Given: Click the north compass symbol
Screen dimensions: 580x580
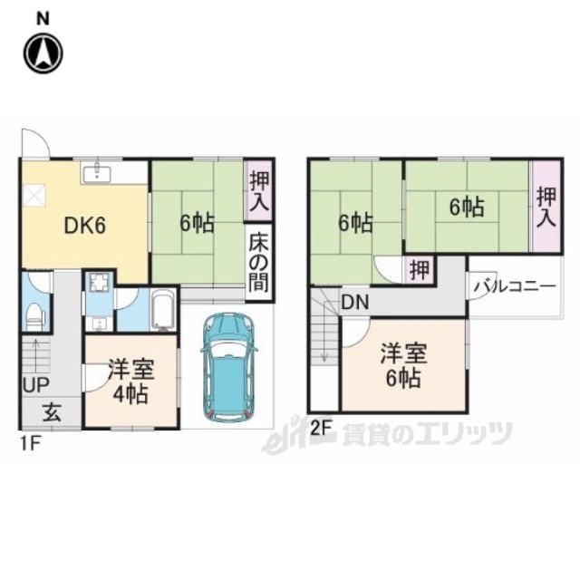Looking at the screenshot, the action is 43,53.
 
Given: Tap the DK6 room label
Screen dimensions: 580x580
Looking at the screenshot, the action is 85,225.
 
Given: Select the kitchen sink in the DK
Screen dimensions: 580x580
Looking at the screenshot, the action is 97,173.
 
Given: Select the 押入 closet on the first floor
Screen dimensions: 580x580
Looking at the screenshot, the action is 258,190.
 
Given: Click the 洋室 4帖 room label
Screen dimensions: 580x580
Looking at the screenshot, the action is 130,382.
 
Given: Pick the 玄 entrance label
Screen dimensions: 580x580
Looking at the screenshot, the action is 52,412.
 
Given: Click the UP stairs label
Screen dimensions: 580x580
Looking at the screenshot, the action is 36,384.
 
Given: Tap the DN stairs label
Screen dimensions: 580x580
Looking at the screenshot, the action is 355,302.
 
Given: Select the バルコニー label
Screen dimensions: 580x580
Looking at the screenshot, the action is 516,286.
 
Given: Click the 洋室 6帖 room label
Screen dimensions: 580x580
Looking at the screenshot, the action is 403,365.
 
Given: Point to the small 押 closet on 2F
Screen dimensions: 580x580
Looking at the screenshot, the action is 420,270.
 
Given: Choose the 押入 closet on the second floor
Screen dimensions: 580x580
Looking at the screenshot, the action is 547,208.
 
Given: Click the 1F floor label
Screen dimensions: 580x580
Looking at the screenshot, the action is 30,444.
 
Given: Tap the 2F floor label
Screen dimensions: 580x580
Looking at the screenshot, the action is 320,429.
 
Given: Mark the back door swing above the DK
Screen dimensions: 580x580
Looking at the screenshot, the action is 35,143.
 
